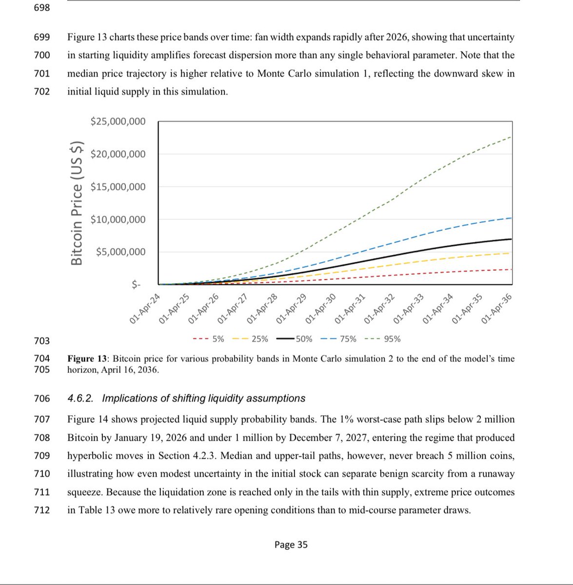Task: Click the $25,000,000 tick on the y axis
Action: (x=118, y=121)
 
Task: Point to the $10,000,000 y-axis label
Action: (x=118, y=219)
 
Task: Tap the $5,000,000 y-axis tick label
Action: (x=120, y=252)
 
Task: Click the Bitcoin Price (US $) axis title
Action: (x=77, y=203)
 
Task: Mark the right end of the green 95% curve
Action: (x=511, y=137)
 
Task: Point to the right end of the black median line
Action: (x=511, y=239)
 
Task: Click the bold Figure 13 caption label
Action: (x=87, y=359)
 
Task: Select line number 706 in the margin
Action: (x=42, y=398)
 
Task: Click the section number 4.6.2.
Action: (x=81, y=398)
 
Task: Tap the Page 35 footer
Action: (x=291, y=545)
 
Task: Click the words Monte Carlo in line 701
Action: (x=283, y=74)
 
